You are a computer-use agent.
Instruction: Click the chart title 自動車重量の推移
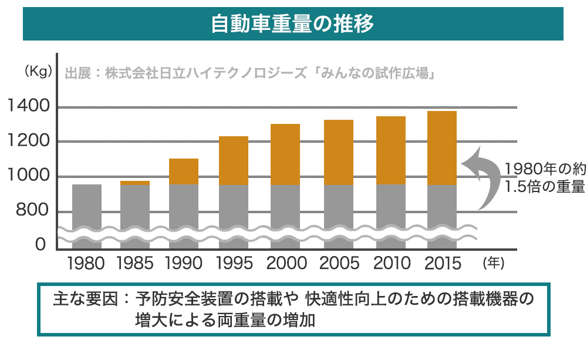pos(292,24)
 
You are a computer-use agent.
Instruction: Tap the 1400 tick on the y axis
pos(28,107)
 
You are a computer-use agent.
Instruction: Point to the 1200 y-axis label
pos(28,142)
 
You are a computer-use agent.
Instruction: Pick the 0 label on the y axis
pos(41,243)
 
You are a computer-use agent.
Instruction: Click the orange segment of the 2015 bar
pos(441,148)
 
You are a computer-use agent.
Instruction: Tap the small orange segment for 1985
pos(135,183)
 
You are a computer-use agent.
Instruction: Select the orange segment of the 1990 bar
pos(184,171)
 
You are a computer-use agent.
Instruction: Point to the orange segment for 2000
pos(285,154)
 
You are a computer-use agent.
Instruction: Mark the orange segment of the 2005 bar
pos(339,152)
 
